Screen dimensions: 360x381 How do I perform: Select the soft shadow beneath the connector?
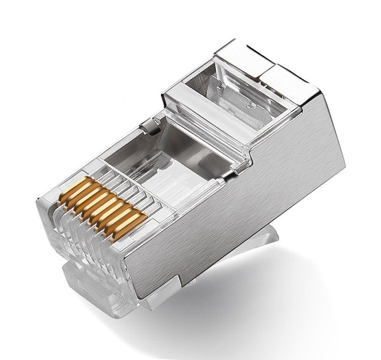275,305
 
